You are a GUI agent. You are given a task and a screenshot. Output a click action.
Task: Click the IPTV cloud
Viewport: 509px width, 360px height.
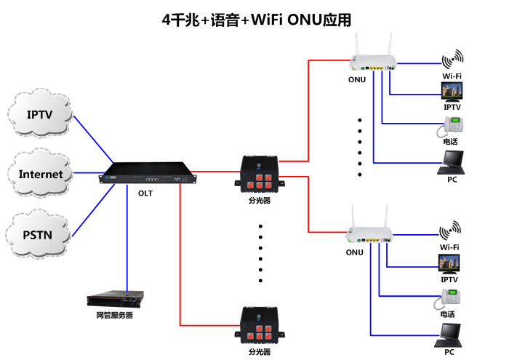click(40, 115)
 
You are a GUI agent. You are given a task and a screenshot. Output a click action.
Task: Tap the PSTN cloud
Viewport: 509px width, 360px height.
click(40, 234)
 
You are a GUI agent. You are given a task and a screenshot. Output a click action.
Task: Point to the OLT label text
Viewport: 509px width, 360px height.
click(145, 194)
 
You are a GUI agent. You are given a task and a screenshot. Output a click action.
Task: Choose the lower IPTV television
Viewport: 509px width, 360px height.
click(449, 263)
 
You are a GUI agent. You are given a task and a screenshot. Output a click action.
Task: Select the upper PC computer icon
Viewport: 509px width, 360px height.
click(452, 161)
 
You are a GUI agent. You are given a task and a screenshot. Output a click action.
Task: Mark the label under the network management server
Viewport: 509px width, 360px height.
click(115, 316)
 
